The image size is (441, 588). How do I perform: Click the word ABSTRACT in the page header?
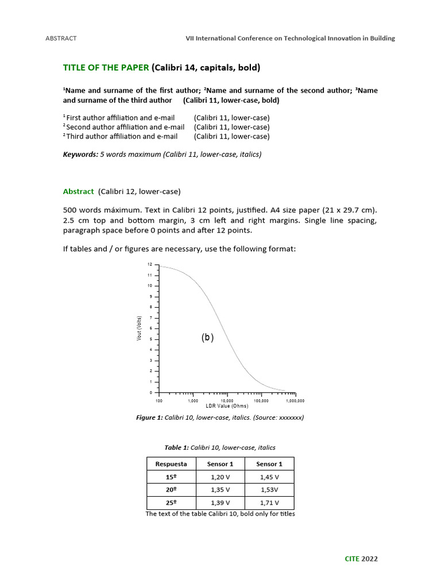(61, 38)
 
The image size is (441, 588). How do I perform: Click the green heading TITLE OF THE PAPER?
(106, 68)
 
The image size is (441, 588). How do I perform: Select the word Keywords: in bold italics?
(80, 154)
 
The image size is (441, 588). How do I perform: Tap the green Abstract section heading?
(78, 191)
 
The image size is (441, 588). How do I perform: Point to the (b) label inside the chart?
(207, 338)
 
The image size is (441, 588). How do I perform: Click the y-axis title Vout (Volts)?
(140, 328)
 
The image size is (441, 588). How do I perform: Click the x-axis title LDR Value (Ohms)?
(227, 406)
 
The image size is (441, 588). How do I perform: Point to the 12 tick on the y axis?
(150, 265)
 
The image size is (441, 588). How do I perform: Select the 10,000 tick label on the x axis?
(227, 401)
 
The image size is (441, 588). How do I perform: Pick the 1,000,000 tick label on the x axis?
(295, 401)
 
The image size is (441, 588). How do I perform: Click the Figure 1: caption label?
(149, 417)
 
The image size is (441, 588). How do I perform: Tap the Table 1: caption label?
(176, 447)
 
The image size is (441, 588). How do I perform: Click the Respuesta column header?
(171, 463)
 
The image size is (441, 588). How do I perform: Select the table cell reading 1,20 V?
(220, 477)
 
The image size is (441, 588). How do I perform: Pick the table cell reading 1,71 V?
(269, 502)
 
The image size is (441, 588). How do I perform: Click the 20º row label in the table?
(171, 490)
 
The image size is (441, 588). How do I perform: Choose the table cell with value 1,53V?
(269, 490)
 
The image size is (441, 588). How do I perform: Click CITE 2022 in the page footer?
(361, 559)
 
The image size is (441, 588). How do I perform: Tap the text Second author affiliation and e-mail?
(125, 127)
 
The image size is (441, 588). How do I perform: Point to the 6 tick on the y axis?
(150, 328)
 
